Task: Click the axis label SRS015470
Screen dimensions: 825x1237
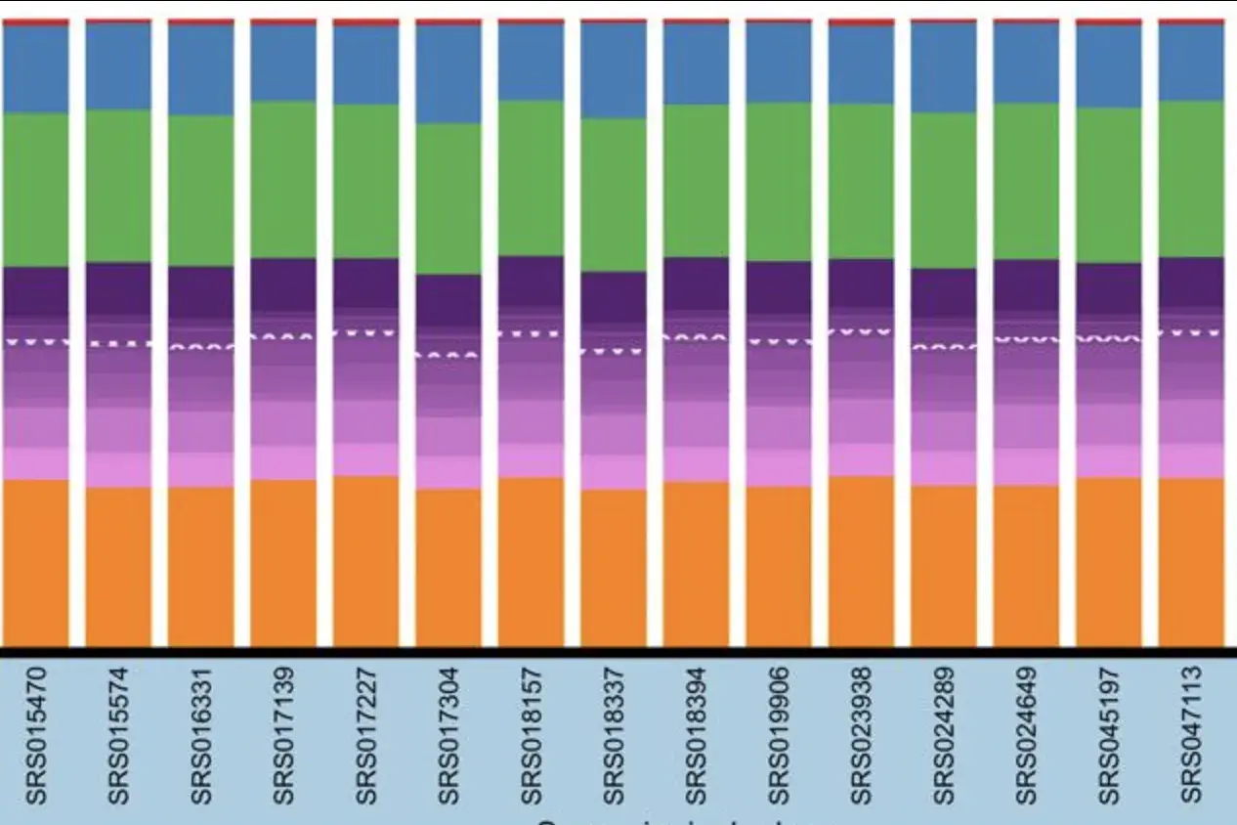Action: pyautogui.click(x=36, y=735)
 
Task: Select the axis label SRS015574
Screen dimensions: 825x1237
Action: pyautogui.click(x=118, y=735)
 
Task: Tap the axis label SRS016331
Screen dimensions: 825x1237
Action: pyautogui.click(x=201, y=735)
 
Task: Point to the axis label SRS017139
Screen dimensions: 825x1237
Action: pyautogui.click(x=283, y=735)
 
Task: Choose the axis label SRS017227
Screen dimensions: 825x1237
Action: pyautogui.click(x=365, y=735)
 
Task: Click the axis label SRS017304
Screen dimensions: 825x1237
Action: pyautogui.click(x=448, y=735)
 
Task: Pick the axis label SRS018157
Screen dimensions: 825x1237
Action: pyautogui.click(x=531, y=735)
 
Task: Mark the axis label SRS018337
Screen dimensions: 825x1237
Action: pyautogui.click(x=614, y=735)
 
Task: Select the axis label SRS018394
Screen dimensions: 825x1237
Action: pyautogui.click(x=696, y=735)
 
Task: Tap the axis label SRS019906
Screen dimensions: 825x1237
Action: pyautogui.click(x=778, y=735)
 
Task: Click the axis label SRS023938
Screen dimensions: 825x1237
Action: pyautogui.click(x=861, y=735)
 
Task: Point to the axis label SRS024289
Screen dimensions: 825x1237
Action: pyautogui.click(x=943, y=735)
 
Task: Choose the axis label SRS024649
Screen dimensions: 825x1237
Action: pyautogui.click(x=1026, y=735)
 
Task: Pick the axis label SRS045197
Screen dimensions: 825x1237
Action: pyautogui.click(x=1108, y=735)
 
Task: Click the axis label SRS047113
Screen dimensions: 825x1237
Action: pyautogui.click(x=1190, y=735)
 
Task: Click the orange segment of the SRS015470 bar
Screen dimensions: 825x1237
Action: pyautogui.click(x=36, y=562)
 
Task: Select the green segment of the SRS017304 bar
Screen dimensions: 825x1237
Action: pyautogui.click(x=448, y=198)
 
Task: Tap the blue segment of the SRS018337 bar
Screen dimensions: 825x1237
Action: pyautogui.click(x=614, y=70)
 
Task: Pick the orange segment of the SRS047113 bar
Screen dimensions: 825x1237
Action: pyautogui.click(x=1191, y=561)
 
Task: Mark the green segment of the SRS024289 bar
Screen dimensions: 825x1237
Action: pyautogui.click(x=943, y=190)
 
